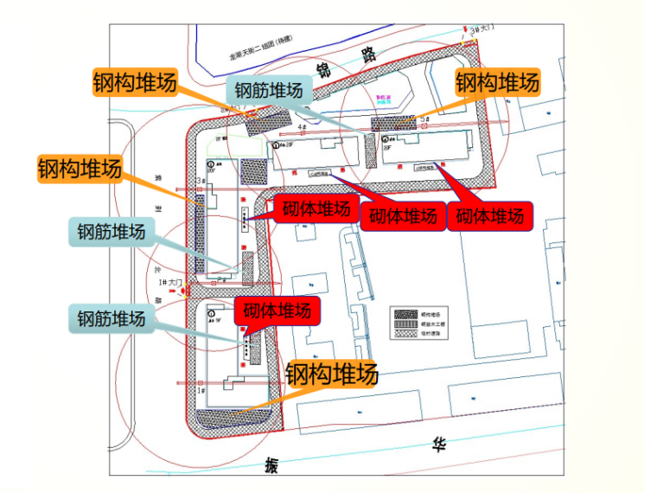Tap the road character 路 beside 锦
pos(370,56)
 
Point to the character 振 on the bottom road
pos(273,467)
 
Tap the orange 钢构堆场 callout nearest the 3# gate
pos(497,83)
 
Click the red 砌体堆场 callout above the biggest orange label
pos(277,311)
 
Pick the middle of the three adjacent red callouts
pos(403,215)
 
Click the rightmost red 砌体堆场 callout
pos(489,215)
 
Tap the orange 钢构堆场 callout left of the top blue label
pos(135,83)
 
